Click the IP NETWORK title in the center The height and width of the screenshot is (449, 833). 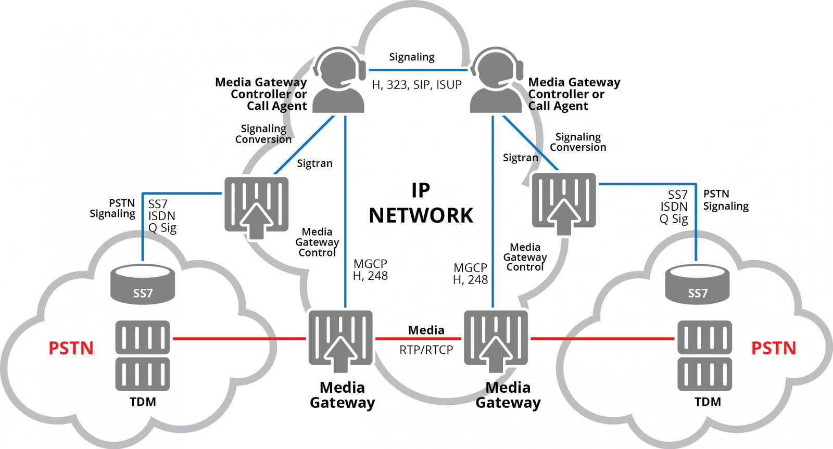click(x=421, y=203)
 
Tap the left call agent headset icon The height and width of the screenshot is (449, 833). click(x=339, y=81)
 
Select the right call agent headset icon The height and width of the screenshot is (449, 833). click(x=496, y=81)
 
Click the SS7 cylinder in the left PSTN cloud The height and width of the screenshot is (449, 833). click(x=143, y=284)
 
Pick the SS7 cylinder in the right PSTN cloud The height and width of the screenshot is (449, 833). click(x=697, y=284)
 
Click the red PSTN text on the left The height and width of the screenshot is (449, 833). click(x=71, y=348)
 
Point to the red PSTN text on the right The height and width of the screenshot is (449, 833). click(x=774, y=348)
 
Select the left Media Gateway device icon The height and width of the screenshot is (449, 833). click(x=340, y=340)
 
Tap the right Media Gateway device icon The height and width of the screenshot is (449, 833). click(x=496, y=340)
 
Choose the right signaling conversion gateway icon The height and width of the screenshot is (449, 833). click(x=564, y=203)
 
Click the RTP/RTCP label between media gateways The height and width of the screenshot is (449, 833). click(x=426, y=350)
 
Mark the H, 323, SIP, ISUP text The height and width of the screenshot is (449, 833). click(x=416, y=85)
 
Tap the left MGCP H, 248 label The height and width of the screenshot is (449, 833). click(x=370, y=270)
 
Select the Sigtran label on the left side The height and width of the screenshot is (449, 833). click(x=314, y=163)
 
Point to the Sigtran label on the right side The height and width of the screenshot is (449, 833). click(x=520, y=158)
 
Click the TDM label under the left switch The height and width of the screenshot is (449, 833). click(x=143, y=402)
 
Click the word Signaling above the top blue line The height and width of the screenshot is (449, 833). click(x=412, y=57)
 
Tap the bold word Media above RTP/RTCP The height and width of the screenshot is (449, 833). click(x=426, y=330)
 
